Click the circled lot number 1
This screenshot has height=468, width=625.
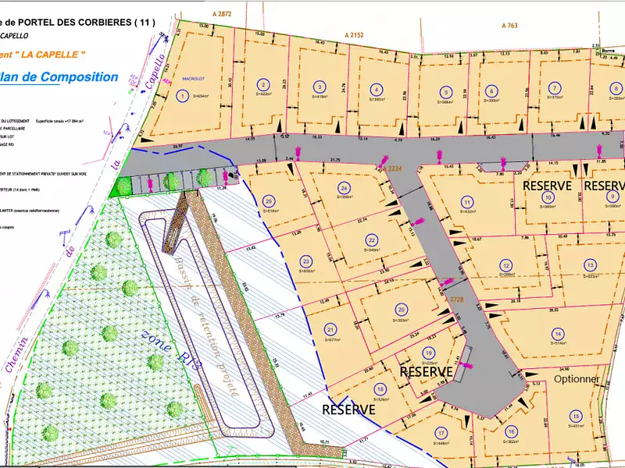[x=182, y=96]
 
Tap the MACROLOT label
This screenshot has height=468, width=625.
[x=193, y=79]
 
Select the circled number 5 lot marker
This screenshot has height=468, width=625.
[x=445, y=90]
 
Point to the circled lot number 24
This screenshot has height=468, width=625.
[x=344, y=188]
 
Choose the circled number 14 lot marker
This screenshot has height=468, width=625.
[x=558, y=332]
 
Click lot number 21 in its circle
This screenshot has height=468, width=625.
[x=330, y=328]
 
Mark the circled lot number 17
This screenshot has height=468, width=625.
[x=442, y=434]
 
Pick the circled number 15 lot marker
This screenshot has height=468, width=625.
[x=576, y=416]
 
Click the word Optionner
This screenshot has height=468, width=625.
[x=577, y=379]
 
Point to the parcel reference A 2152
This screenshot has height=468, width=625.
[x=355, y=35]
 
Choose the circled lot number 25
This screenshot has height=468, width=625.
[x=270, y=200]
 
